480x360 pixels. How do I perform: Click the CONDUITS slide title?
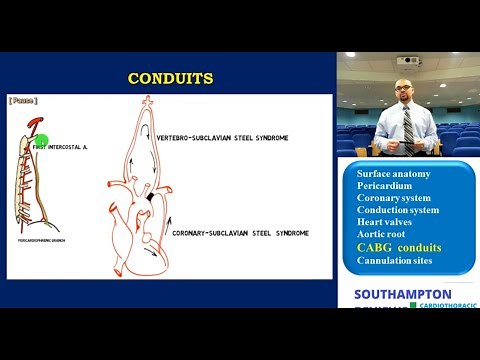pos(170,78)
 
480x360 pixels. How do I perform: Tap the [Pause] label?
pos(23,101)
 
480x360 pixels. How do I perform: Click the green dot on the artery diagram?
pos(42,140)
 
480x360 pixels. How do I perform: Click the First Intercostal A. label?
pos(62,147)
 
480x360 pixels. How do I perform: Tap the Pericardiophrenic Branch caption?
pos(44,241)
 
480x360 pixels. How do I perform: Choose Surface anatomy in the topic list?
pos(393,173)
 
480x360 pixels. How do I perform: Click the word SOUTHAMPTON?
pos(402,294)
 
